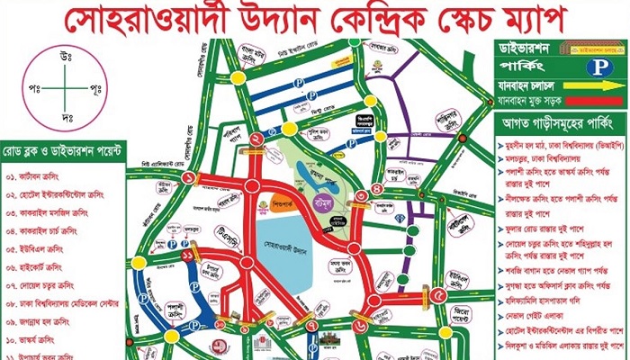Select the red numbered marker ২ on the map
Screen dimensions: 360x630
pos(257,139)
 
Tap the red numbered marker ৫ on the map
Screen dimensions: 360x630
pos(438,295)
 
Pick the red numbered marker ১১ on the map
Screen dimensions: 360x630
pos(187,257)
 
